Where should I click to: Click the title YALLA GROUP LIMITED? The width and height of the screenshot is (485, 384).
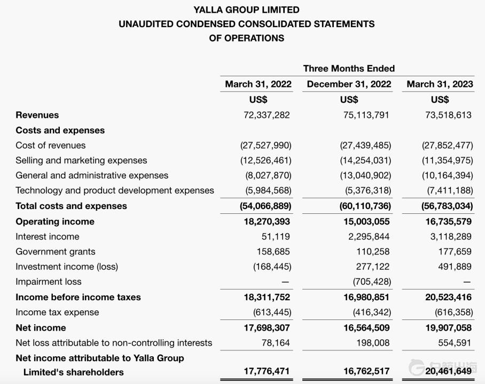[x=246, y=10]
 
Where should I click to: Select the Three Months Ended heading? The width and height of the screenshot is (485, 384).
[x=349, y=68]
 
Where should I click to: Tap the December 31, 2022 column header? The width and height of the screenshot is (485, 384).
[x=349, y=84]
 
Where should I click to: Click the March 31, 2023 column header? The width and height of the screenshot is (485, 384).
[x=440, y=84]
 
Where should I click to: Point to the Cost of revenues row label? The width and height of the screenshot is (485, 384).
[x=51, y=146]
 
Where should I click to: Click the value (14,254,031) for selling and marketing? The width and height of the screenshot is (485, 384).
[x=365, y=161]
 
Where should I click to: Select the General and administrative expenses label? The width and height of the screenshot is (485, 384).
[x=92, y=175]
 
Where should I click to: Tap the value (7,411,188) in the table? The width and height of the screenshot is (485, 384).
[x=447, y=190]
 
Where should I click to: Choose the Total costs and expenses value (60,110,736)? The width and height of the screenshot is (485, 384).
[x=365, y=206]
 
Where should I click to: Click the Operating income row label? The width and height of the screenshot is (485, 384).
[x=55, y=221]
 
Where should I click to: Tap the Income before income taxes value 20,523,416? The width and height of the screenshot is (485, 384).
[x=448, y=297]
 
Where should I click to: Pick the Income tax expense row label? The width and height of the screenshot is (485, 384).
[x=57, y=313]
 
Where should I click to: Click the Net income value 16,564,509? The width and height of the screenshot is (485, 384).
[x=366, y=327]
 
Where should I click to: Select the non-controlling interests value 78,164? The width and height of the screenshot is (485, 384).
[x=276, y=343]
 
